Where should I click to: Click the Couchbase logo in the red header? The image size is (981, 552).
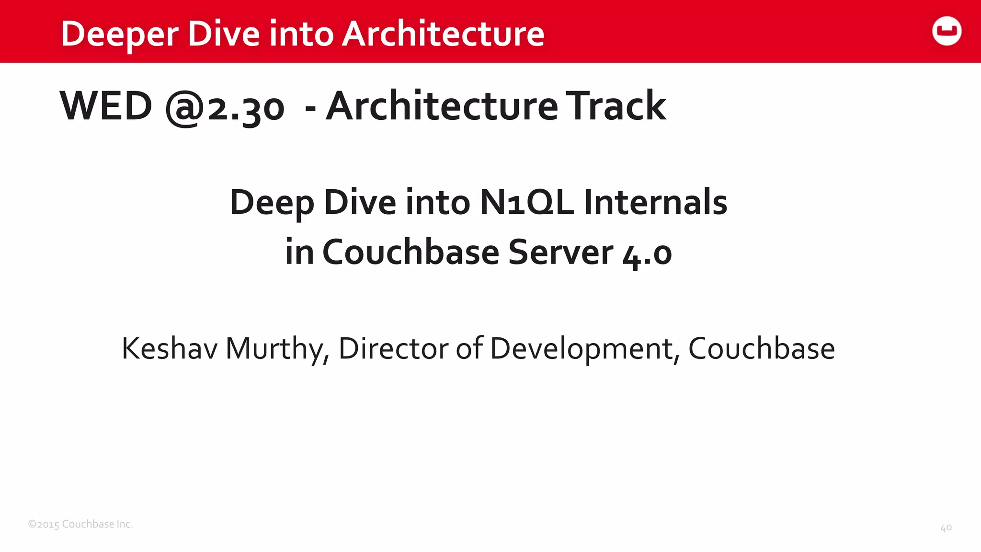click(947, 31)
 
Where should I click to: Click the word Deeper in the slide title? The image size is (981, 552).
click(119, 34)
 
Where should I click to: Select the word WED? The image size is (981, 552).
click(106, 106)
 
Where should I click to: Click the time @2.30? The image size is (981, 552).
click(225, 107)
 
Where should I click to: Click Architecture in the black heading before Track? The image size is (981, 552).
click(442, 106)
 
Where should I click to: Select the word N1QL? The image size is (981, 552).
click(527, 202)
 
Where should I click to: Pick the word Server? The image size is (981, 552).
click(560, 252)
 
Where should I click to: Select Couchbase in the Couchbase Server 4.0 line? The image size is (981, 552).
click(411, 252)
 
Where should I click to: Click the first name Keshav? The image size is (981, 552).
click(170, 348)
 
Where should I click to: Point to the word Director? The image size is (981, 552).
click(393, 348)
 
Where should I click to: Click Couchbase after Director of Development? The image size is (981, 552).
click(761, 348)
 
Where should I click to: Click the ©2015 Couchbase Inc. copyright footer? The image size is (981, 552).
click(80, 524)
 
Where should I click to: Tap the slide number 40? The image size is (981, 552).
click(946, 528)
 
